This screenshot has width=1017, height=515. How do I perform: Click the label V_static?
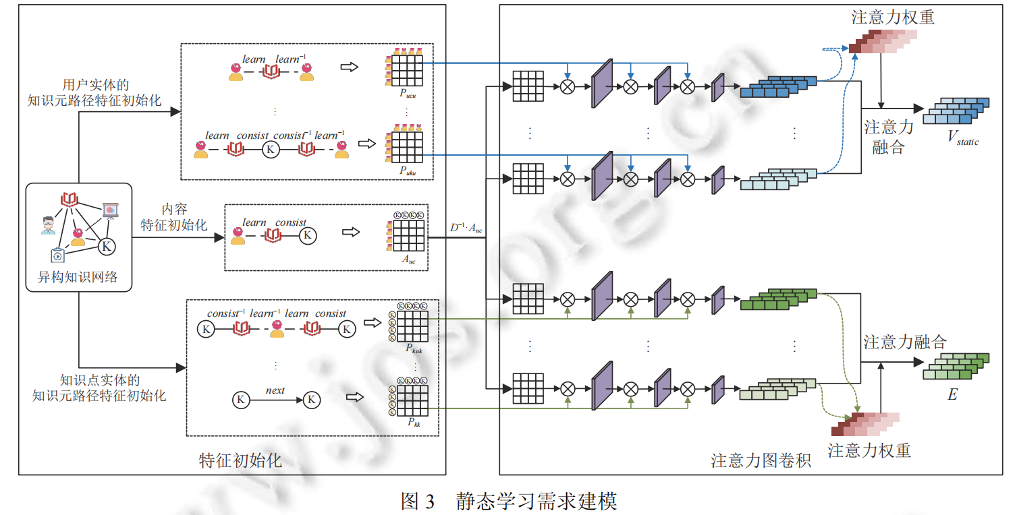pyautogui.click(x=962, y=139)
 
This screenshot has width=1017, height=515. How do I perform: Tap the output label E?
pyautogui.click(x=952, y=395)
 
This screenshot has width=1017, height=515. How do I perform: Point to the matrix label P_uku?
pyautogui.click(x=407, y=172)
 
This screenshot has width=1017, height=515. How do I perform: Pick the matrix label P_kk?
pyautogui.click(x=413, y=423)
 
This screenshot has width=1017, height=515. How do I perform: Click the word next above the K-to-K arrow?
pyautogui.click(x=275, y=390)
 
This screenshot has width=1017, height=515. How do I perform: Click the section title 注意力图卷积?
pyautogui.click(x=761, y=460)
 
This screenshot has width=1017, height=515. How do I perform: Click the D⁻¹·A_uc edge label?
pyautogui.click(x=466, y=228)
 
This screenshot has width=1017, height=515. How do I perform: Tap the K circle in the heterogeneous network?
pyautogui.click(x=106, y=247)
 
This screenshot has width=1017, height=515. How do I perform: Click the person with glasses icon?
pyautogui.click(x=47, y=225)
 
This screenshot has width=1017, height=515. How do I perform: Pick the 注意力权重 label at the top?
pyautogui.click(x=893, y=17)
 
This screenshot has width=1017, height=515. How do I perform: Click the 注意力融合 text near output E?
pyautogui.click(x=905, y=342)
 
